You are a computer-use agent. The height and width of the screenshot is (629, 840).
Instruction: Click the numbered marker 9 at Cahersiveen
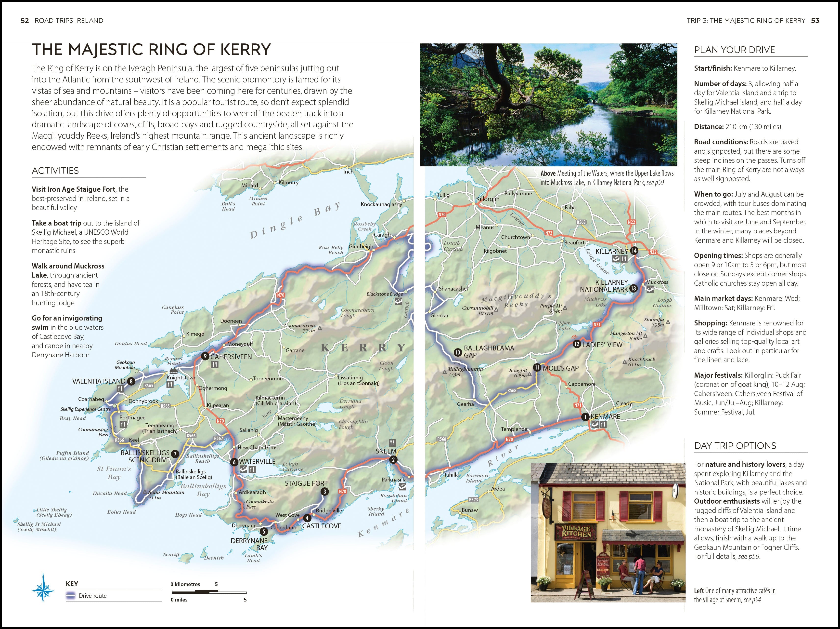coord(205,356)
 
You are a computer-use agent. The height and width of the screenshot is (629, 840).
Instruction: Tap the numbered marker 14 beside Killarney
coord(634,251)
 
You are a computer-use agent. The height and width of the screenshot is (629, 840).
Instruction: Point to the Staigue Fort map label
coord(306,483)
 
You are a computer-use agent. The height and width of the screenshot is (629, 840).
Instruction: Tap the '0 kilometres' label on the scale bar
coord(185,584)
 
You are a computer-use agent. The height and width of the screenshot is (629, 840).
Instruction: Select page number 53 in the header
coord(815,21)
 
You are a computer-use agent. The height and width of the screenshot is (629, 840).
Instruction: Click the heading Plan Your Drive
coord(735,50)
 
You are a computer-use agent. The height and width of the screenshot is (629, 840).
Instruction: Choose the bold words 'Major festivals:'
coord(718,375)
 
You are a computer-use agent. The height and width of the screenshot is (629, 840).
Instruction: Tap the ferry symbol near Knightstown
coord(174,370)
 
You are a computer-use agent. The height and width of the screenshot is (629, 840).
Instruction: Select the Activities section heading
coord(55,171)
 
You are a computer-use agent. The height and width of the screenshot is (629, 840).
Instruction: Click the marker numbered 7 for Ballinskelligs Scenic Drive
coord(175,454)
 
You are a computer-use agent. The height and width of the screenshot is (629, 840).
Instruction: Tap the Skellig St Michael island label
coord(39,526)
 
